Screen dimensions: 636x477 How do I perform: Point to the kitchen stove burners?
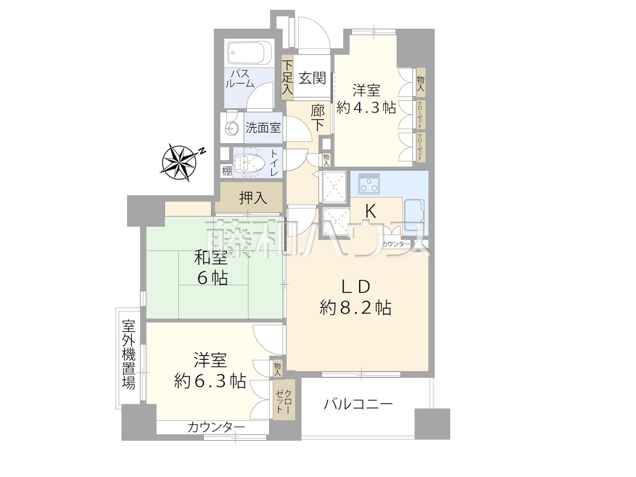point(369,183)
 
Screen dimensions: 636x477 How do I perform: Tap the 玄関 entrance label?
point(313,78)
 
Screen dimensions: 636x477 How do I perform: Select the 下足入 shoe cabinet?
point(287,78)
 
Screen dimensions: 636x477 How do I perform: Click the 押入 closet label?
point(253,198)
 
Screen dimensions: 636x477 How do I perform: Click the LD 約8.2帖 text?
point(356,297)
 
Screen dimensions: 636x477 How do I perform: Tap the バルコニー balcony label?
point(358,404)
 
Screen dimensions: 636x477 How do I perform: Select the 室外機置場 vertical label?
point(128,354)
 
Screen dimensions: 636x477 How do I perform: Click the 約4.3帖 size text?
point(366,108)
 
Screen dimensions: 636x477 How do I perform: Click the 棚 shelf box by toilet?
point(227,171)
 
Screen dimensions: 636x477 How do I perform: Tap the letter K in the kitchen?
point(371,211)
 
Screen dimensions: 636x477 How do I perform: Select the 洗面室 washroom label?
point(263,127)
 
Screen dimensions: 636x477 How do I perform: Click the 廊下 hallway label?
point(318,118)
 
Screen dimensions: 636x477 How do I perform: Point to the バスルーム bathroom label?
point(240,79)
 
